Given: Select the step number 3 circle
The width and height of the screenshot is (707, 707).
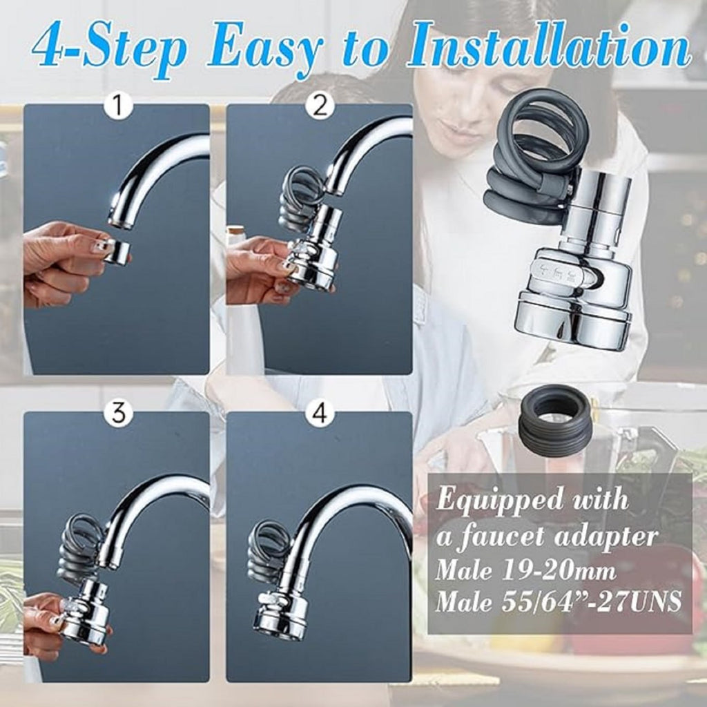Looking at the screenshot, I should coord(118,414).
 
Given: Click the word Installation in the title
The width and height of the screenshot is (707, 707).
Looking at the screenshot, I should coord(549,46).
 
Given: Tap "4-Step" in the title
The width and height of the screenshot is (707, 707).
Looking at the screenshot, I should coord(110,46).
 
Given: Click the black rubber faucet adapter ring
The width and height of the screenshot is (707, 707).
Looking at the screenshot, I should coord(554,420).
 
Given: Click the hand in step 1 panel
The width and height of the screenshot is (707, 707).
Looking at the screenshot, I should coord(59,262).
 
